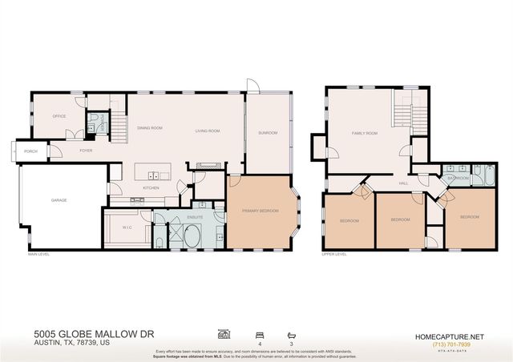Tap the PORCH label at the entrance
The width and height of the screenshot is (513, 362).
click(x=31, y=151)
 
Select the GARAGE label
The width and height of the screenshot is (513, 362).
click(x=59, y=200)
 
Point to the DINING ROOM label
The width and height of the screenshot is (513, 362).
click(x=150, y=128)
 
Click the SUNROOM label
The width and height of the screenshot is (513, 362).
click(x=268, y=133)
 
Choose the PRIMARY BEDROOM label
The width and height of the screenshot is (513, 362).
click(x=261, y=211)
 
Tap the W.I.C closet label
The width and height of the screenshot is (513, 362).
click(x=127, y=227)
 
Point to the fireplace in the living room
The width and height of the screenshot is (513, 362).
click(x=207, y=166)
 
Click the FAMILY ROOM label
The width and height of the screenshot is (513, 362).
click(x=364, y=134)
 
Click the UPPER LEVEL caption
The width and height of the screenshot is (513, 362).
click(x=333, y=254)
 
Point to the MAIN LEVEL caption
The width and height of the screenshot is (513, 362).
click(x=38, y=254)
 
